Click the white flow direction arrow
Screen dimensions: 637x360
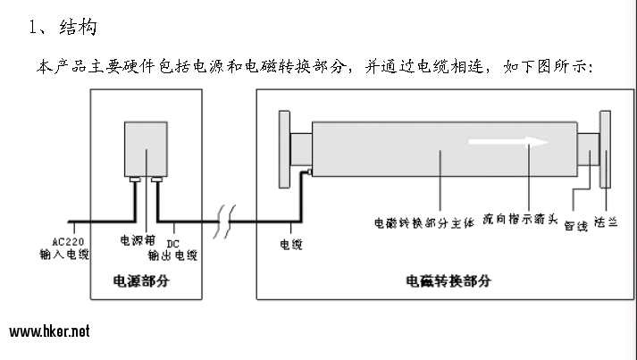(x=508, y=142)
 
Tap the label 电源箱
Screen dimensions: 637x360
(x=138, y=240)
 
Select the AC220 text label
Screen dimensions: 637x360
(x=68, y=242)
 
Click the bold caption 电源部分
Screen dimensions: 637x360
(x=141, y=280)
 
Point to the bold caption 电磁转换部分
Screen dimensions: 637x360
(x=448, y=280)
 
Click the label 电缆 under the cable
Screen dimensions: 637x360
(x=291, y=244)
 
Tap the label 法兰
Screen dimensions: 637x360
(x=606, y=222)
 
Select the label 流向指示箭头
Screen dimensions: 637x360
(x=520, y=219)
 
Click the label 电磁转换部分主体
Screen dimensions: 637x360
(x=424, y=223)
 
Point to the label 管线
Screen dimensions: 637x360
(x=576, y=225)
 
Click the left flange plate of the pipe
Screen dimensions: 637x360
(x=284, y=149)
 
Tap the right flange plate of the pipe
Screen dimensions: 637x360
(x=606, y=149)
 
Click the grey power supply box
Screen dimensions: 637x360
(x=146, y=148)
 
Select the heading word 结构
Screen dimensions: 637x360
(x=78, y=27)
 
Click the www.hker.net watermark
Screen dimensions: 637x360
(x=49, y=331)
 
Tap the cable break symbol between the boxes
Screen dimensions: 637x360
(x=224, y=222)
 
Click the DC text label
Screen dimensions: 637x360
(x=172, y=244)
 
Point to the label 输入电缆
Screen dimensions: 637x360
(x=64, y=255)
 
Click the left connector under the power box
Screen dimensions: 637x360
(x=135, y=180)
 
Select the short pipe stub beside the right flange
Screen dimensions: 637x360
(x=588, y=149)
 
